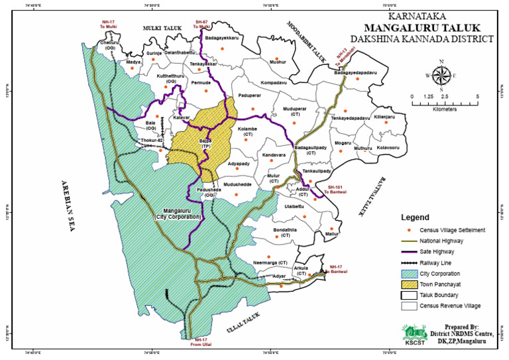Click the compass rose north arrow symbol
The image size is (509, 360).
pyautogui.click(x=444, y=74)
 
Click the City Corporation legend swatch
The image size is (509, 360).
pyautogui.click(x=411, y=273)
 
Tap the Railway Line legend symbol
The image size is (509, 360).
pyautogui.click(x=411, y=263)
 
